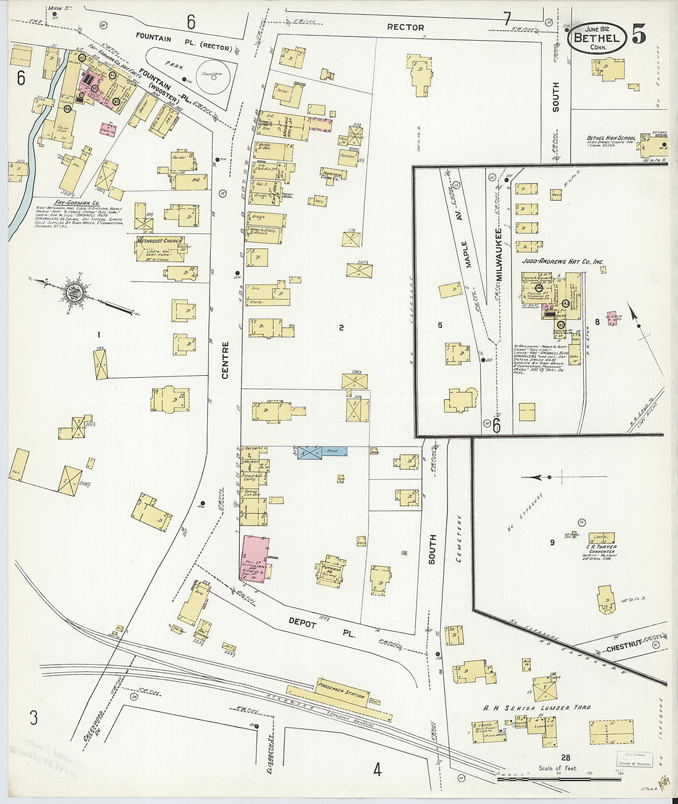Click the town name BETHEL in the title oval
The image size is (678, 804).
[x=597, y=38]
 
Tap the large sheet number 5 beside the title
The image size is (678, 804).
[x=639, y=35]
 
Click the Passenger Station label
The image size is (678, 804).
[x=341, y=691]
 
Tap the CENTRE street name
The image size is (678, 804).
[x=225, y=360]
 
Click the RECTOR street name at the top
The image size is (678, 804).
[x=405, y=27]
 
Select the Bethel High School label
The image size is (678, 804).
[x=611, y=138]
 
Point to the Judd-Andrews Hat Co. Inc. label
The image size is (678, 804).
[x=563, y=262]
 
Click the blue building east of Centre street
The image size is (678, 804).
[x=322, y=452]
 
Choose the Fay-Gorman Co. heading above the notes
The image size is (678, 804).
[x=77, y=202]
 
